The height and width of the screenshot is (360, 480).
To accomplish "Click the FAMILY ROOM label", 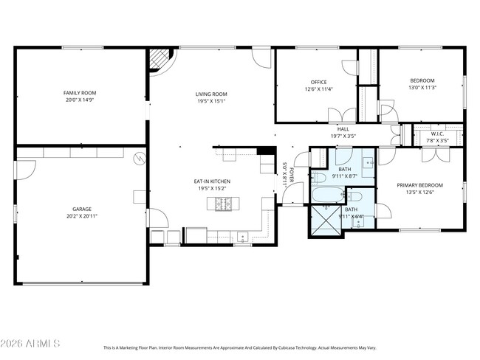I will (x=80, y=93).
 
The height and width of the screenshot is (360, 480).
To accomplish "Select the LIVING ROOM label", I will (x=210, y=94).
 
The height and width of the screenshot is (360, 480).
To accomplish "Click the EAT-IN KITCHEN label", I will (x=212, y=181).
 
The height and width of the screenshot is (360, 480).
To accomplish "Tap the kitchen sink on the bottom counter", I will (x=242, y=238).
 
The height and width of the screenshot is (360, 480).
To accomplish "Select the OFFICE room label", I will (x=318, y=82).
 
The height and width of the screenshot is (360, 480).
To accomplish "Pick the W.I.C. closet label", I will (x=438, y=134).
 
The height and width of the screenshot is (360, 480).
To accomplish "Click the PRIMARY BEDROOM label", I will (x=419, y=184).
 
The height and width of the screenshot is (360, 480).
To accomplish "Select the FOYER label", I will (x=292, y=175).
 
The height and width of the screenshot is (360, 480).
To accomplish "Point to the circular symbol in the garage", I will (x=138, y=158).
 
